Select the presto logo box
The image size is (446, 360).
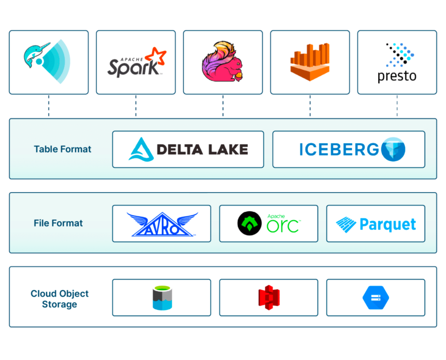pos(397,62)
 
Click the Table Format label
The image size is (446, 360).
pos(63,149)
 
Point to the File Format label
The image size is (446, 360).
pos(58,223)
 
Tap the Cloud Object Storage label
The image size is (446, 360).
pos(59,299)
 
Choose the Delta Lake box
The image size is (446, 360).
pos(188,149)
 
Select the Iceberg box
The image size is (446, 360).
pos(349,149)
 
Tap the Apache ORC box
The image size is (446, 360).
pos(268,224)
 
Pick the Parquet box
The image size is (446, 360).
pos(375,224)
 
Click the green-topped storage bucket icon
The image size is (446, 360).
pos(162,298)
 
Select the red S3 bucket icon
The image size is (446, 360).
pos(269,298)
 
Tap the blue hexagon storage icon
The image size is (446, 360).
pos(375,298)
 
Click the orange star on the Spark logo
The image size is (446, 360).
pos(158,57)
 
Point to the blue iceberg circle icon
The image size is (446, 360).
pos(393,149)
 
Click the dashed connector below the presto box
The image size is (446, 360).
pos(397,106)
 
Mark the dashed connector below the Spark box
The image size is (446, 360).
pos(136,106)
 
